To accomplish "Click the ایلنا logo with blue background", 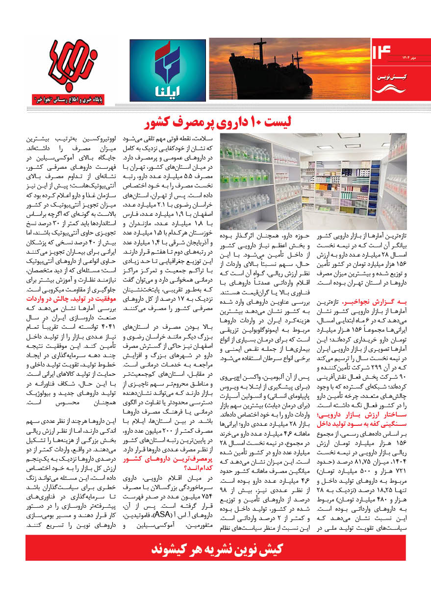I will click(167, 71).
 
